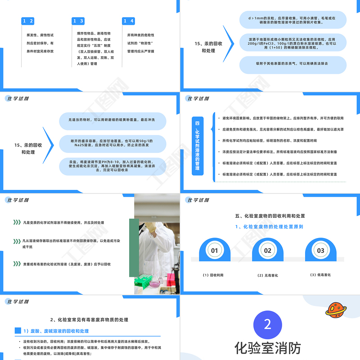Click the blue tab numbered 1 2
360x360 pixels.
28,21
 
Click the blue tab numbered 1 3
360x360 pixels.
78,21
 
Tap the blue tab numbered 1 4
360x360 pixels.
129,21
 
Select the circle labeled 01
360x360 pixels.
215,250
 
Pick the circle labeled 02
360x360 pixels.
267,250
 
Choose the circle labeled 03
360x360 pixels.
320,250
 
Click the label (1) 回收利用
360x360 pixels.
213,275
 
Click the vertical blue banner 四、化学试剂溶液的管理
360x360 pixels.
197,145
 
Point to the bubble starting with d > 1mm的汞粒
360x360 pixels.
292,20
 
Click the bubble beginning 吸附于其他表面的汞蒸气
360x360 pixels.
292,64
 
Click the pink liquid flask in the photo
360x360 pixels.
154,283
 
